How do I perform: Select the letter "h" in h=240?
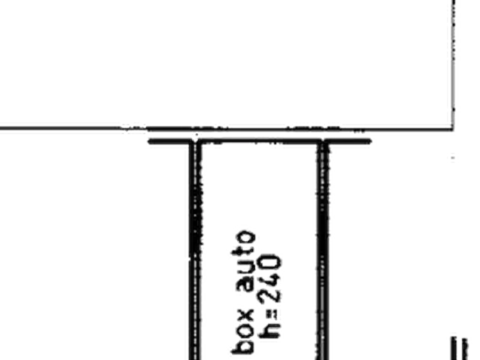pyautogui.click(x=269, y=330)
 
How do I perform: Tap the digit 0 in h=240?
pyautogui.click(x=270, y=263)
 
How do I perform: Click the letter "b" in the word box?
pyautogui.click(x=243, y=346)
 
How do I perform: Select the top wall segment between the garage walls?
pyautogui.click(x=259, y=141)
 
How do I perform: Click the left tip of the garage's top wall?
pyautogui.click(x=149, y=141)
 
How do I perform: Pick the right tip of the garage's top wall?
pyautogui.click(x=371, y=141)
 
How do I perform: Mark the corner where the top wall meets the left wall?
pyautogui.click(x=195, y=141)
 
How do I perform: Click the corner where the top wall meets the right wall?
pyautogui.click(x=323, y=141)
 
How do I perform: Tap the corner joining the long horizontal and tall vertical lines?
pyautogui.click(x=453, y=128)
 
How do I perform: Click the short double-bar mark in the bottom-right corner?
pyautogui.click(x=459, y=348)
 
